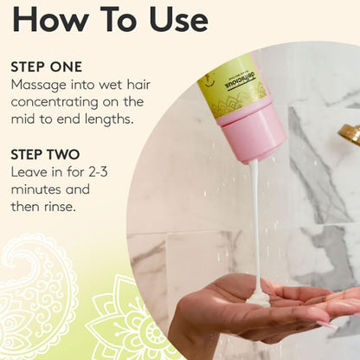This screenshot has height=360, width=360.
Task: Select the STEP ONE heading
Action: coord(47,67)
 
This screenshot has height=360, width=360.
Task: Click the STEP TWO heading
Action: coord(45,155)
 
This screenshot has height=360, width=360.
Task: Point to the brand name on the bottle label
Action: coord(241,81)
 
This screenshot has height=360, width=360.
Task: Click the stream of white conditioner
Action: coord(256,227)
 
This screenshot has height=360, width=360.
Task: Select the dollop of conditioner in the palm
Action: coord(258,299)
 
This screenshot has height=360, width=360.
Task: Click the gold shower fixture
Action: coord(350,133)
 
